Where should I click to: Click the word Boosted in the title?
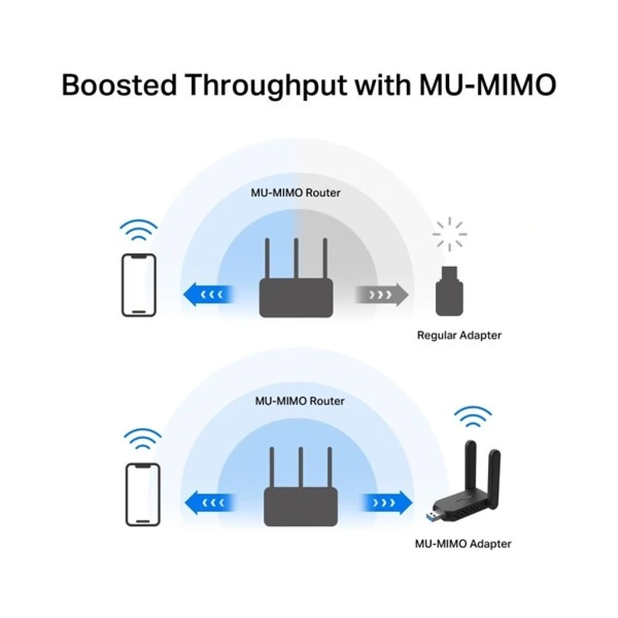pyautogui.click(x=119, y=85)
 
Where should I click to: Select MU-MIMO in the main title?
pyautogui.click(x=488, y=85)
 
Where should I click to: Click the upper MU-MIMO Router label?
pyautogui.click(x=296, y=193)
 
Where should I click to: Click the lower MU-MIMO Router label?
pyautogui.click(x=300, y=401)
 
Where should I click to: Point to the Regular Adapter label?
pyautogui.click(x=459, y=336)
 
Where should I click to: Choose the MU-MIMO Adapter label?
pyautogui.click(x=463, y=544)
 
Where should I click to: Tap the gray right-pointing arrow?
pyautogui.click(x=381, y=295)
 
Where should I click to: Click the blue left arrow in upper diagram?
pyautogui.click(x=209, y=295)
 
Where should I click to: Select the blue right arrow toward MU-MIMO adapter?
pyautogui.click(x=387, y=503)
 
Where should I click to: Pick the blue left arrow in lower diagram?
pyautogui.click(x=211, y=503)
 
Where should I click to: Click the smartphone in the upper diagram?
pyautogui.click(x=139, y=285)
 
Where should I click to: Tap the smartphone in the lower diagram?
pyautogui.click(x=142, y=494)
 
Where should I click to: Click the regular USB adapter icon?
pyautogui.click(x=449, y=291)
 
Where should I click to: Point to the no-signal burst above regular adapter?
pyautogui.click(x=449, y=234)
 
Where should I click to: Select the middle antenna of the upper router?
pyautogui.click(x=296, y=258)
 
